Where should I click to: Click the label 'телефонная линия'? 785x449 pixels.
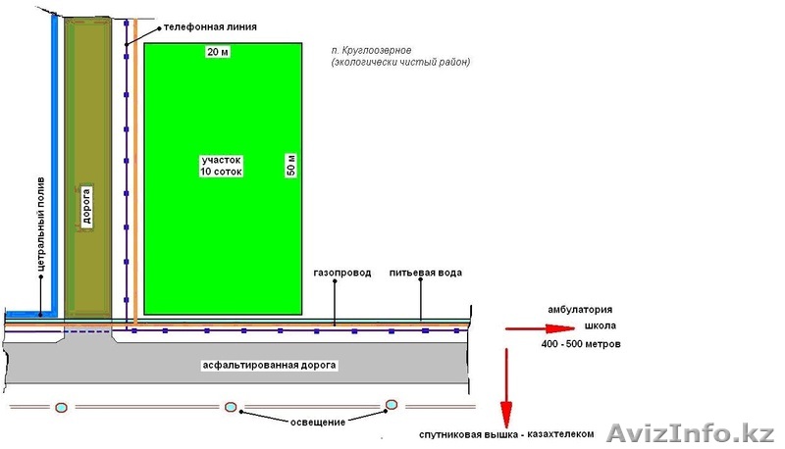click(x=210, y=27)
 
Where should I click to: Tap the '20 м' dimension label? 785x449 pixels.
click(x=218, y=52)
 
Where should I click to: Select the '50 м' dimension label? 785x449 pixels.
click(x=289, y=164)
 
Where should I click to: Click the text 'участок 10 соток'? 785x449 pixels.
click(x=221, y=165)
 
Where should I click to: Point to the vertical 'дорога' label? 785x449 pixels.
click(x=86, y=207)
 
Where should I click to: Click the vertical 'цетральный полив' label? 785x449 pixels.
click(x=40, y=225)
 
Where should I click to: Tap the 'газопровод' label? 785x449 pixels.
click(x=341, y=273)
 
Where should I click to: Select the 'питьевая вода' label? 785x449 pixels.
click(x=424, y=272)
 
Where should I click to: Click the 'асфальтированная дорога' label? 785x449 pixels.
click(x=269, y=365)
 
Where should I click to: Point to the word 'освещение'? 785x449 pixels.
click(x=317, y=422)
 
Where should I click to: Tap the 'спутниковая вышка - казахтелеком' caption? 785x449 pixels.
click(x=506, y=432)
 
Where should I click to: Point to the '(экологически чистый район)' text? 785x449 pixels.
click(x=401, y=62)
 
